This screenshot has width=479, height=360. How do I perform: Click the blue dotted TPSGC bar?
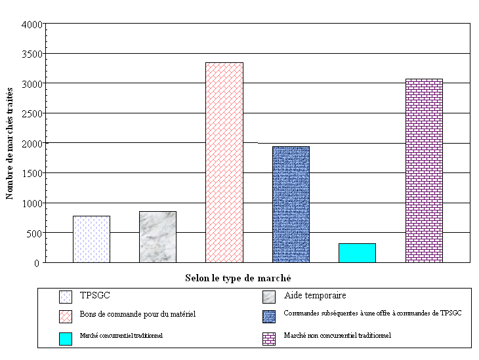(91, 239)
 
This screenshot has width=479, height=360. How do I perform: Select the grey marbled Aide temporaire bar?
(157, 237)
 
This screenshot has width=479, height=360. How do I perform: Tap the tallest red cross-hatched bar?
(224, 163)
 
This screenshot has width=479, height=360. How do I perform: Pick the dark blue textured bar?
(291, 204)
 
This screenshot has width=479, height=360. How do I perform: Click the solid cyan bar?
(357, 252)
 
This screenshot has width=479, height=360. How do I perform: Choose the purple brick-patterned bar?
(424, 170)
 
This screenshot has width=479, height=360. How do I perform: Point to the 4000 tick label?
(33, 24)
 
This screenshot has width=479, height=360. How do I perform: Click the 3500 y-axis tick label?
(33, 54)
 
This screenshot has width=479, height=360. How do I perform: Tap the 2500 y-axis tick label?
(33, 113)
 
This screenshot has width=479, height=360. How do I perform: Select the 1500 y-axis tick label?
(33, 173)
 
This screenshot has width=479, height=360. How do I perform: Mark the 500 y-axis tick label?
(35, 233)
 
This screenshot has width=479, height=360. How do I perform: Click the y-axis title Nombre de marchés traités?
(10, 144)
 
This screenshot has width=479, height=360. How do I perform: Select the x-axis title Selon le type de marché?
(238, 278)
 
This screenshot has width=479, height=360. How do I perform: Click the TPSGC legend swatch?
(65, 296)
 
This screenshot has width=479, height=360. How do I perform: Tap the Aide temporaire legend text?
(315, 296)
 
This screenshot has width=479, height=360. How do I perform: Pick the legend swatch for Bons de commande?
(65, 316)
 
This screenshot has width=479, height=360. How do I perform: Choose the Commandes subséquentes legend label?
(372, 313)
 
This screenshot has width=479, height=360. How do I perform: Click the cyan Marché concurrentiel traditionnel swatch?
(65, 338)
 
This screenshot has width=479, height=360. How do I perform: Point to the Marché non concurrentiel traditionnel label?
(337, 335)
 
